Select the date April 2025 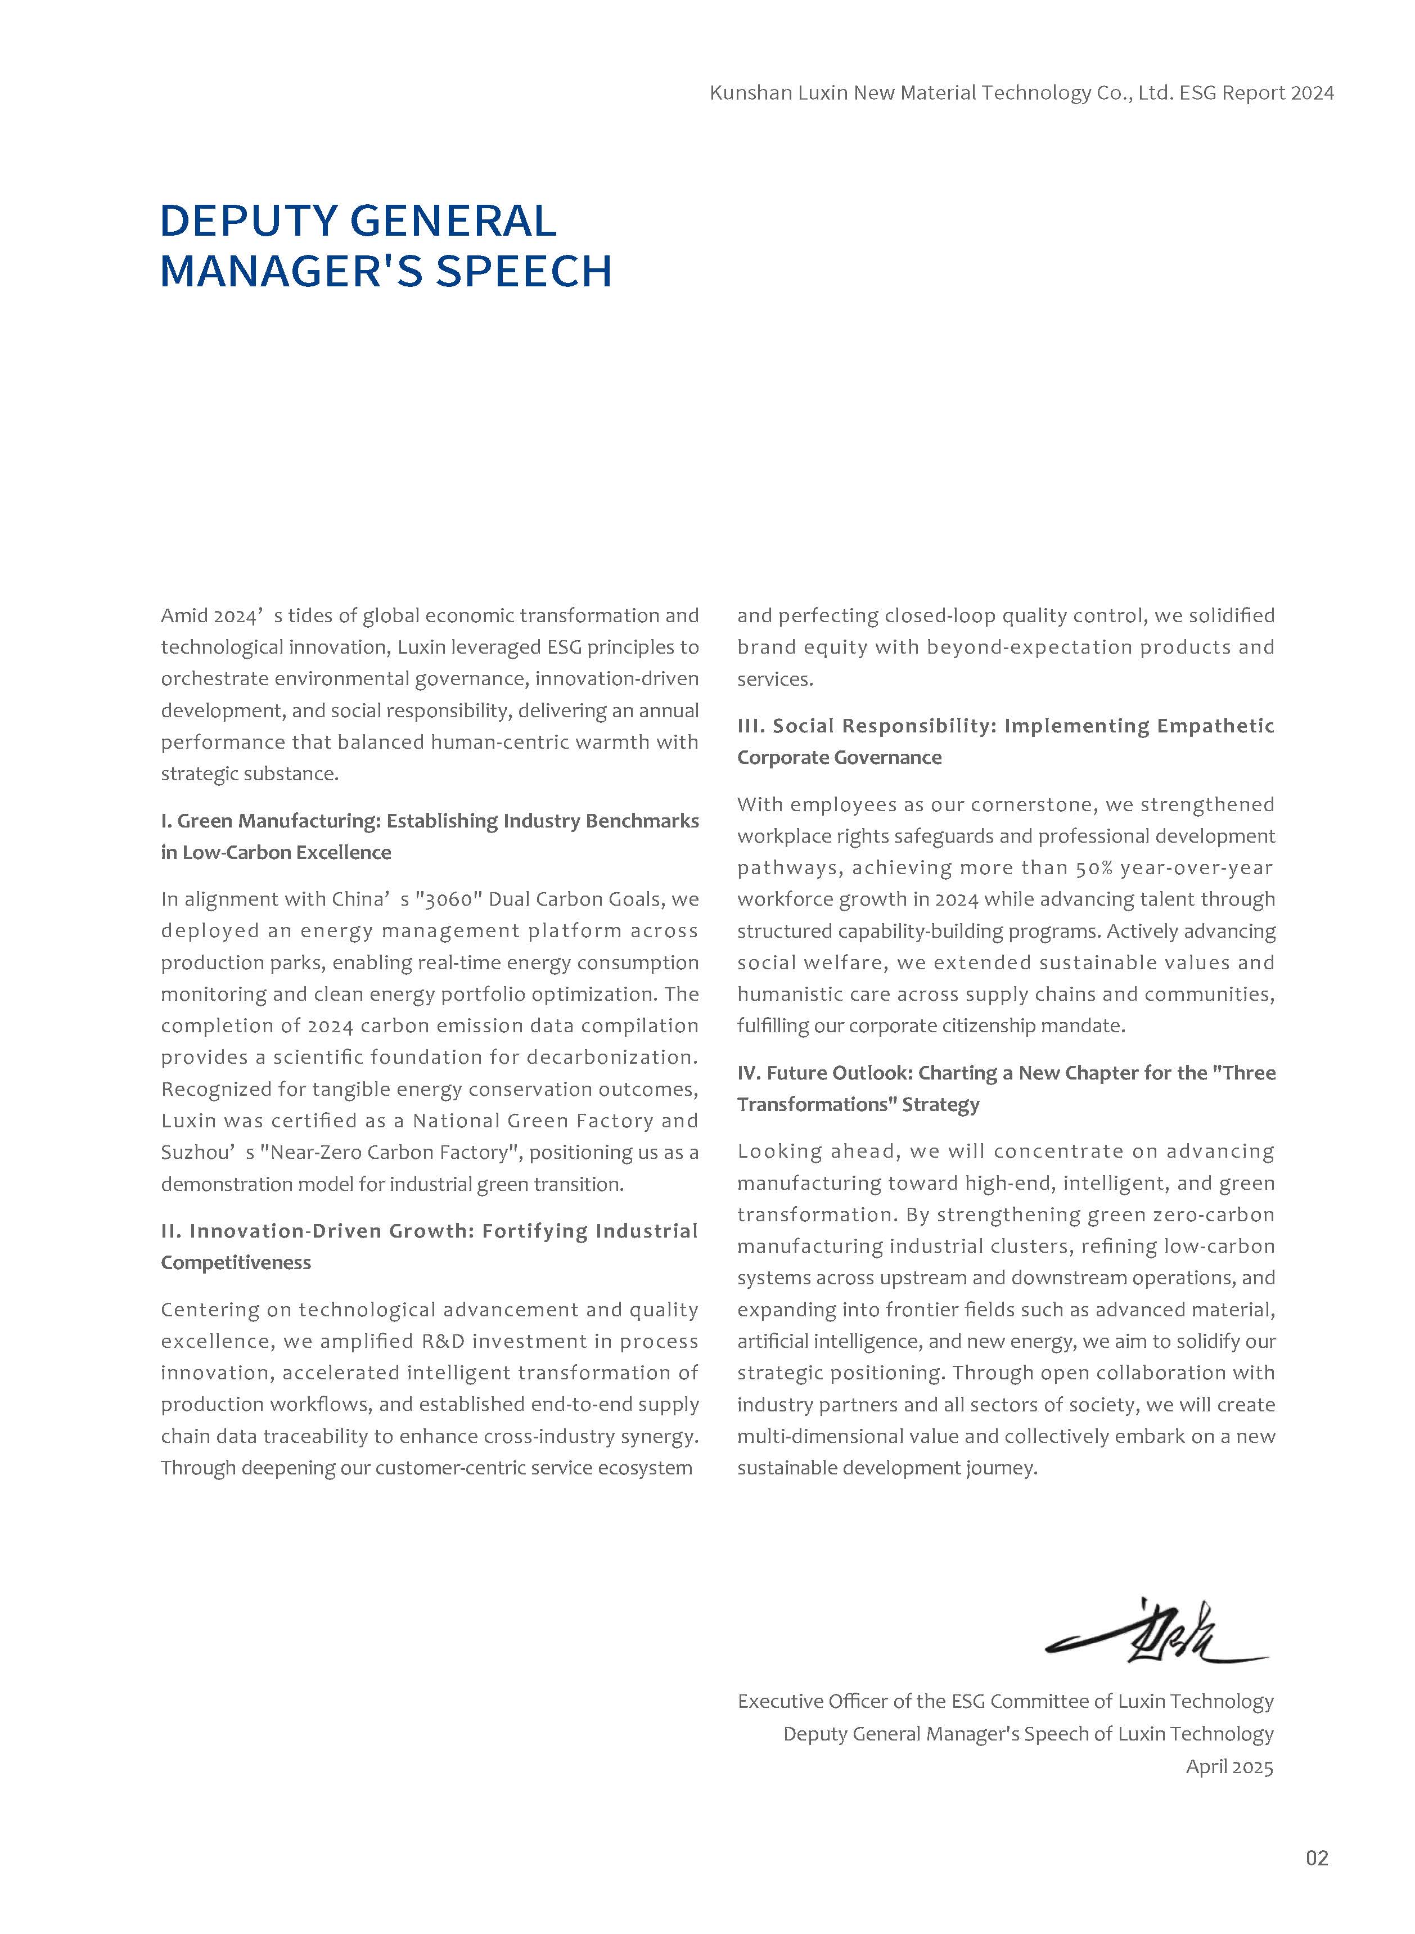(1229, 1767)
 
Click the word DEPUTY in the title (249, 221)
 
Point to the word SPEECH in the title (524, 272)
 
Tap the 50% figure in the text (1094, 867)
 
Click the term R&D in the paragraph (443, 1341)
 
